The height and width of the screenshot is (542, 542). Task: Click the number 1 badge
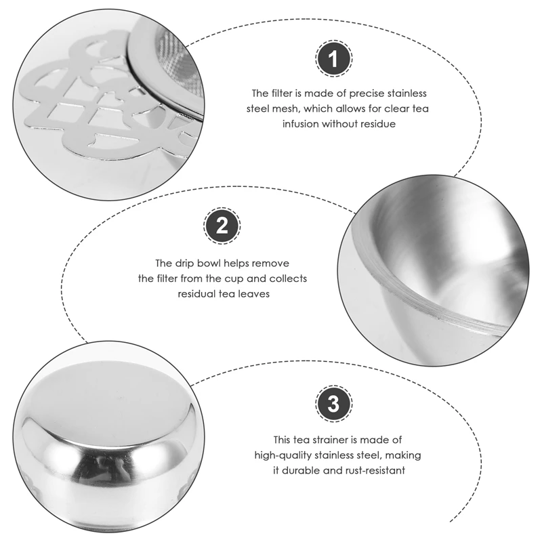coord(332,59)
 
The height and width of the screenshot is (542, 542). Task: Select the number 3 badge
coord(332,404)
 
